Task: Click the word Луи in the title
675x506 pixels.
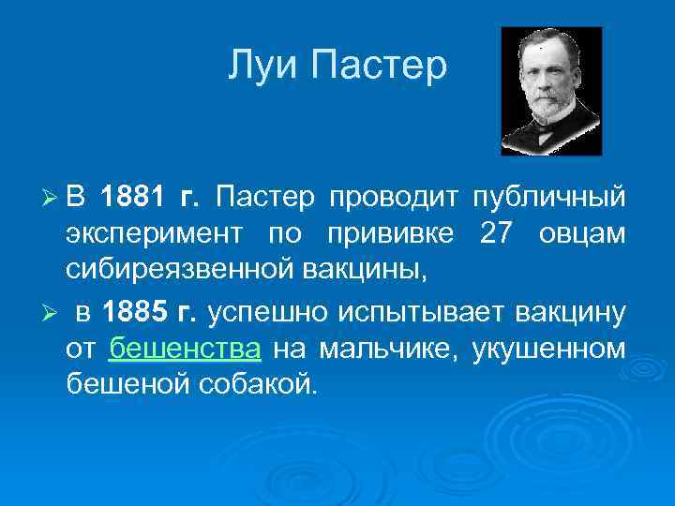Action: [x=262, y=67]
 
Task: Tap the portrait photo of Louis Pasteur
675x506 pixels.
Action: [x=551, y=91]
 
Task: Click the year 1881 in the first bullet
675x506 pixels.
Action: [x=132, y=197]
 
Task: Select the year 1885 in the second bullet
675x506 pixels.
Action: [x=132, y=312]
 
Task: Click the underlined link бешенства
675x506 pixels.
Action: [x=185, y=349]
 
